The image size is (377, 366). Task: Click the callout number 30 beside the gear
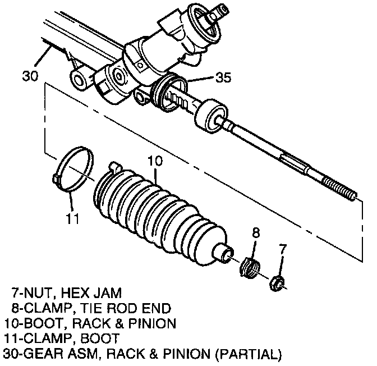coord(31,75)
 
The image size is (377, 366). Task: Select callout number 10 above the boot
coord(155,161)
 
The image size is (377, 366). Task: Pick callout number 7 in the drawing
coord(283,247)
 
